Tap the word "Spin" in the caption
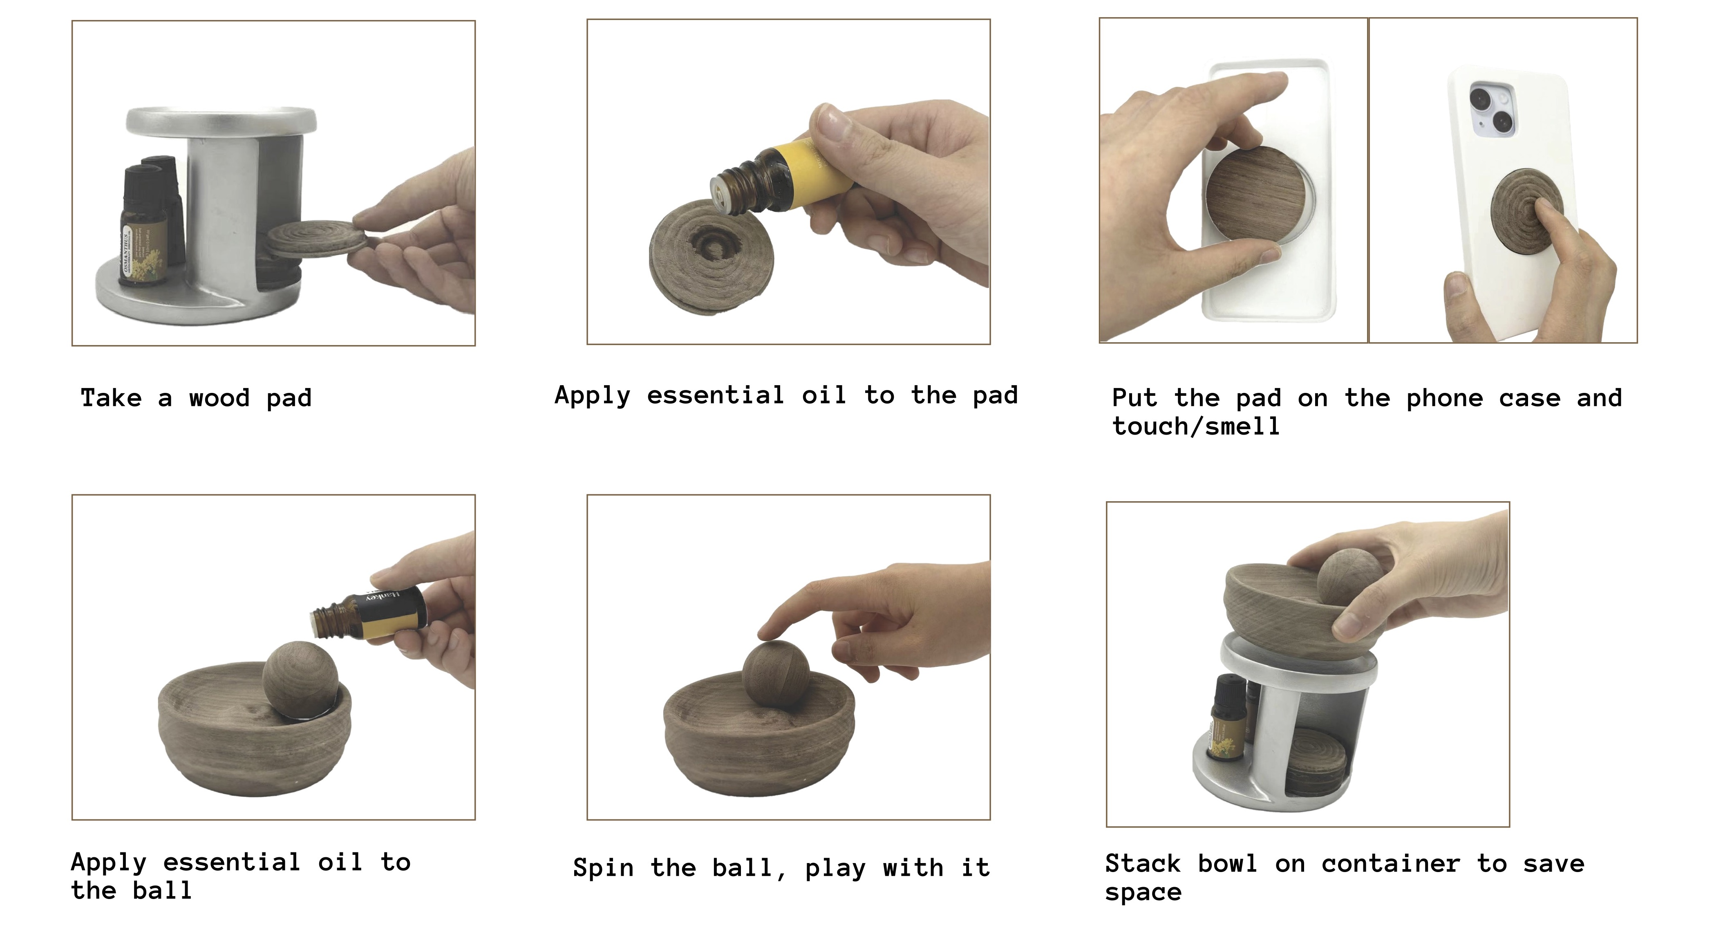coord(603,868)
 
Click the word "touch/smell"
coord(1196,426)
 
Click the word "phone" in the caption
coord(1445,399)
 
